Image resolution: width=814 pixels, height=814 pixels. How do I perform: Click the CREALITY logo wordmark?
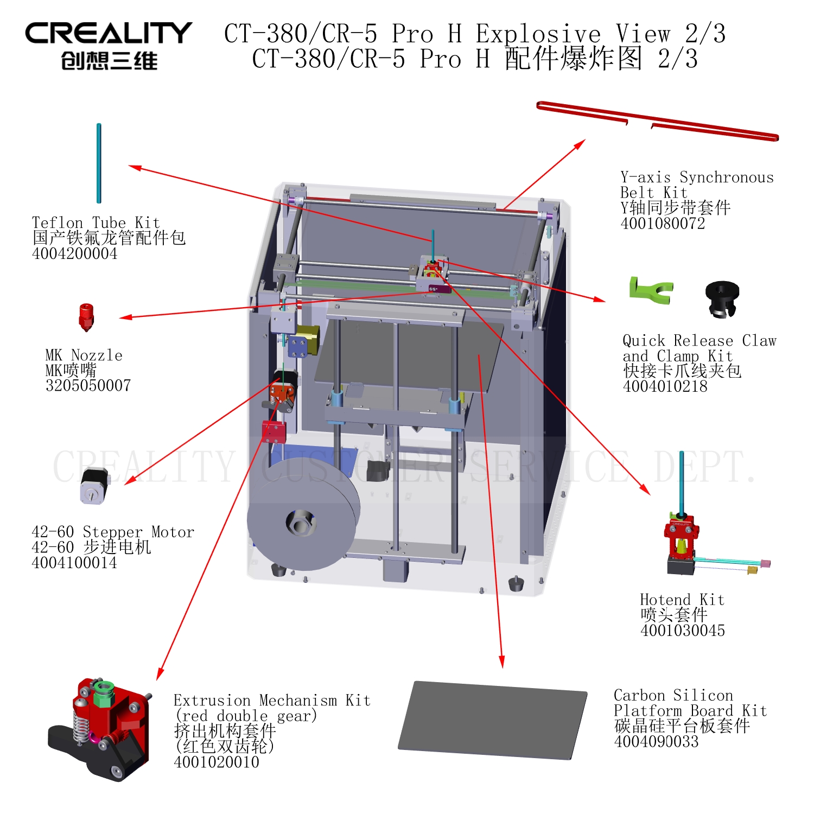109,33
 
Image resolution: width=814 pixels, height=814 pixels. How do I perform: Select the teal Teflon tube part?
99,163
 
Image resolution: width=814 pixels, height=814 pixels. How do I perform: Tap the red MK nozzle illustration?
86,317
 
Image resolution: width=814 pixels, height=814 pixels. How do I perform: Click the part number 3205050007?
88,385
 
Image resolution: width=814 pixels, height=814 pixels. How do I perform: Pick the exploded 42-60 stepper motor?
95,486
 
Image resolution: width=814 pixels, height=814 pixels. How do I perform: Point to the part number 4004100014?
74,563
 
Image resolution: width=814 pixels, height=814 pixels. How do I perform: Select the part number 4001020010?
217,762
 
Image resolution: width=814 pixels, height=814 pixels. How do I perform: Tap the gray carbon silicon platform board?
493,720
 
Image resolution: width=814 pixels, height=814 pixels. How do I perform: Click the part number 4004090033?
657,741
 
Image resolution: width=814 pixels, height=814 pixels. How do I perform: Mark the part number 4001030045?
683,630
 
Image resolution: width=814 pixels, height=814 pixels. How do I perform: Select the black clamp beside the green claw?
722,298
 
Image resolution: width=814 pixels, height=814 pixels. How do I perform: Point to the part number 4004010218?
665,386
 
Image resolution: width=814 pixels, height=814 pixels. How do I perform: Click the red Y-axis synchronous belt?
658,120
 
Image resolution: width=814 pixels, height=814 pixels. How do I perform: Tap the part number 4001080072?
663,223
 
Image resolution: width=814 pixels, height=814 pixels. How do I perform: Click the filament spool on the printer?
303,521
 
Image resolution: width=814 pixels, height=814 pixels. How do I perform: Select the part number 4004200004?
74,253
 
